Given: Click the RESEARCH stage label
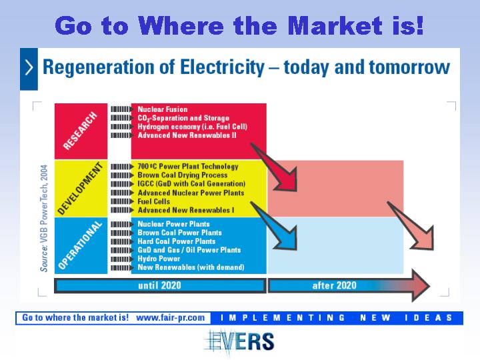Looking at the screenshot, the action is point(80,131).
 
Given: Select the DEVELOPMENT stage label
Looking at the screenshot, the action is point(80,189).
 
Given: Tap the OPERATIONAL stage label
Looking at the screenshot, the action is point(80,245).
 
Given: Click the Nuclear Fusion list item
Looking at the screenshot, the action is point(163,109).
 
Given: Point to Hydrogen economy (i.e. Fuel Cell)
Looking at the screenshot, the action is point(192,127).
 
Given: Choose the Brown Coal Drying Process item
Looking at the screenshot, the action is point(183,175).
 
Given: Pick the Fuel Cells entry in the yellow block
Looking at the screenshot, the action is point(154,201).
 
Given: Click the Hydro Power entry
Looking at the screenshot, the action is point(159,259).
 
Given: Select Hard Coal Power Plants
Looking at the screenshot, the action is point(176,241).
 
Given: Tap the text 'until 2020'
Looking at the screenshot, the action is point(159,285).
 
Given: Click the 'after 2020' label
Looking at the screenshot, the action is point(334,285).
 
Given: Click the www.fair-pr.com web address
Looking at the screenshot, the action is point(170,318).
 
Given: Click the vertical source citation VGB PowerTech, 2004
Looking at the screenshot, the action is point(44,218).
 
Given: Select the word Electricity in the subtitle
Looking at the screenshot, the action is point(222,67).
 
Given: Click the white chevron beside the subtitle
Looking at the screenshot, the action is point(29,67).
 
